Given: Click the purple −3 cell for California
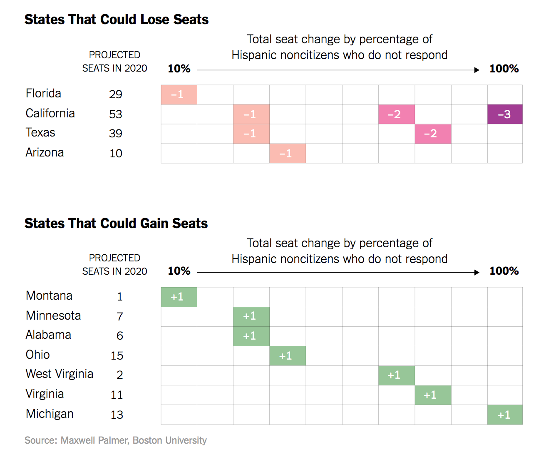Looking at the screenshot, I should click(505, 114).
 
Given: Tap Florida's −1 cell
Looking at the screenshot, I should click(179, 94).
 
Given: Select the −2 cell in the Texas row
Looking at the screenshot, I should click(433, 134).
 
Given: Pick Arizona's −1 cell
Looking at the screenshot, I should click(288, 153).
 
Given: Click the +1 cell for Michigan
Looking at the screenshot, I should click(505, 415).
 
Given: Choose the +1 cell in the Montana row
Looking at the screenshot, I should click(179, 297).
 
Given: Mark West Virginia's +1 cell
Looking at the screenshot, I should click(397, 375).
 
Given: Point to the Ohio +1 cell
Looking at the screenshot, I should click(288, 356).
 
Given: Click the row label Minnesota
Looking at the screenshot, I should click(53, 315).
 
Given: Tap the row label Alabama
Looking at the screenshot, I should click(48, 335).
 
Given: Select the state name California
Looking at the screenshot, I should click(50, 113).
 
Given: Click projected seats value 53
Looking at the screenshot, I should click(116, 114).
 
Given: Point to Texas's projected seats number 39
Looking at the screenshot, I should click(116, 133).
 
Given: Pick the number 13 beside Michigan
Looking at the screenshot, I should click(117, 415).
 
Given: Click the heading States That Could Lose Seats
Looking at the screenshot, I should click(117, 20).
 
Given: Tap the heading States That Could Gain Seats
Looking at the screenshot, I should click(116, 224).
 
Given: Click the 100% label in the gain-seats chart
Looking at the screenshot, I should click(504, 271).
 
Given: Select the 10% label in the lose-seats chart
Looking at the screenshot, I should click(179, 69).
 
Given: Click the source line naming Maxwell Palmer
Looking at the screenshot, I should click(116, 440).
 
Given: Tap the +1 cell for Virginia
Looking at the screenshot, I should click(433, 395).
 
